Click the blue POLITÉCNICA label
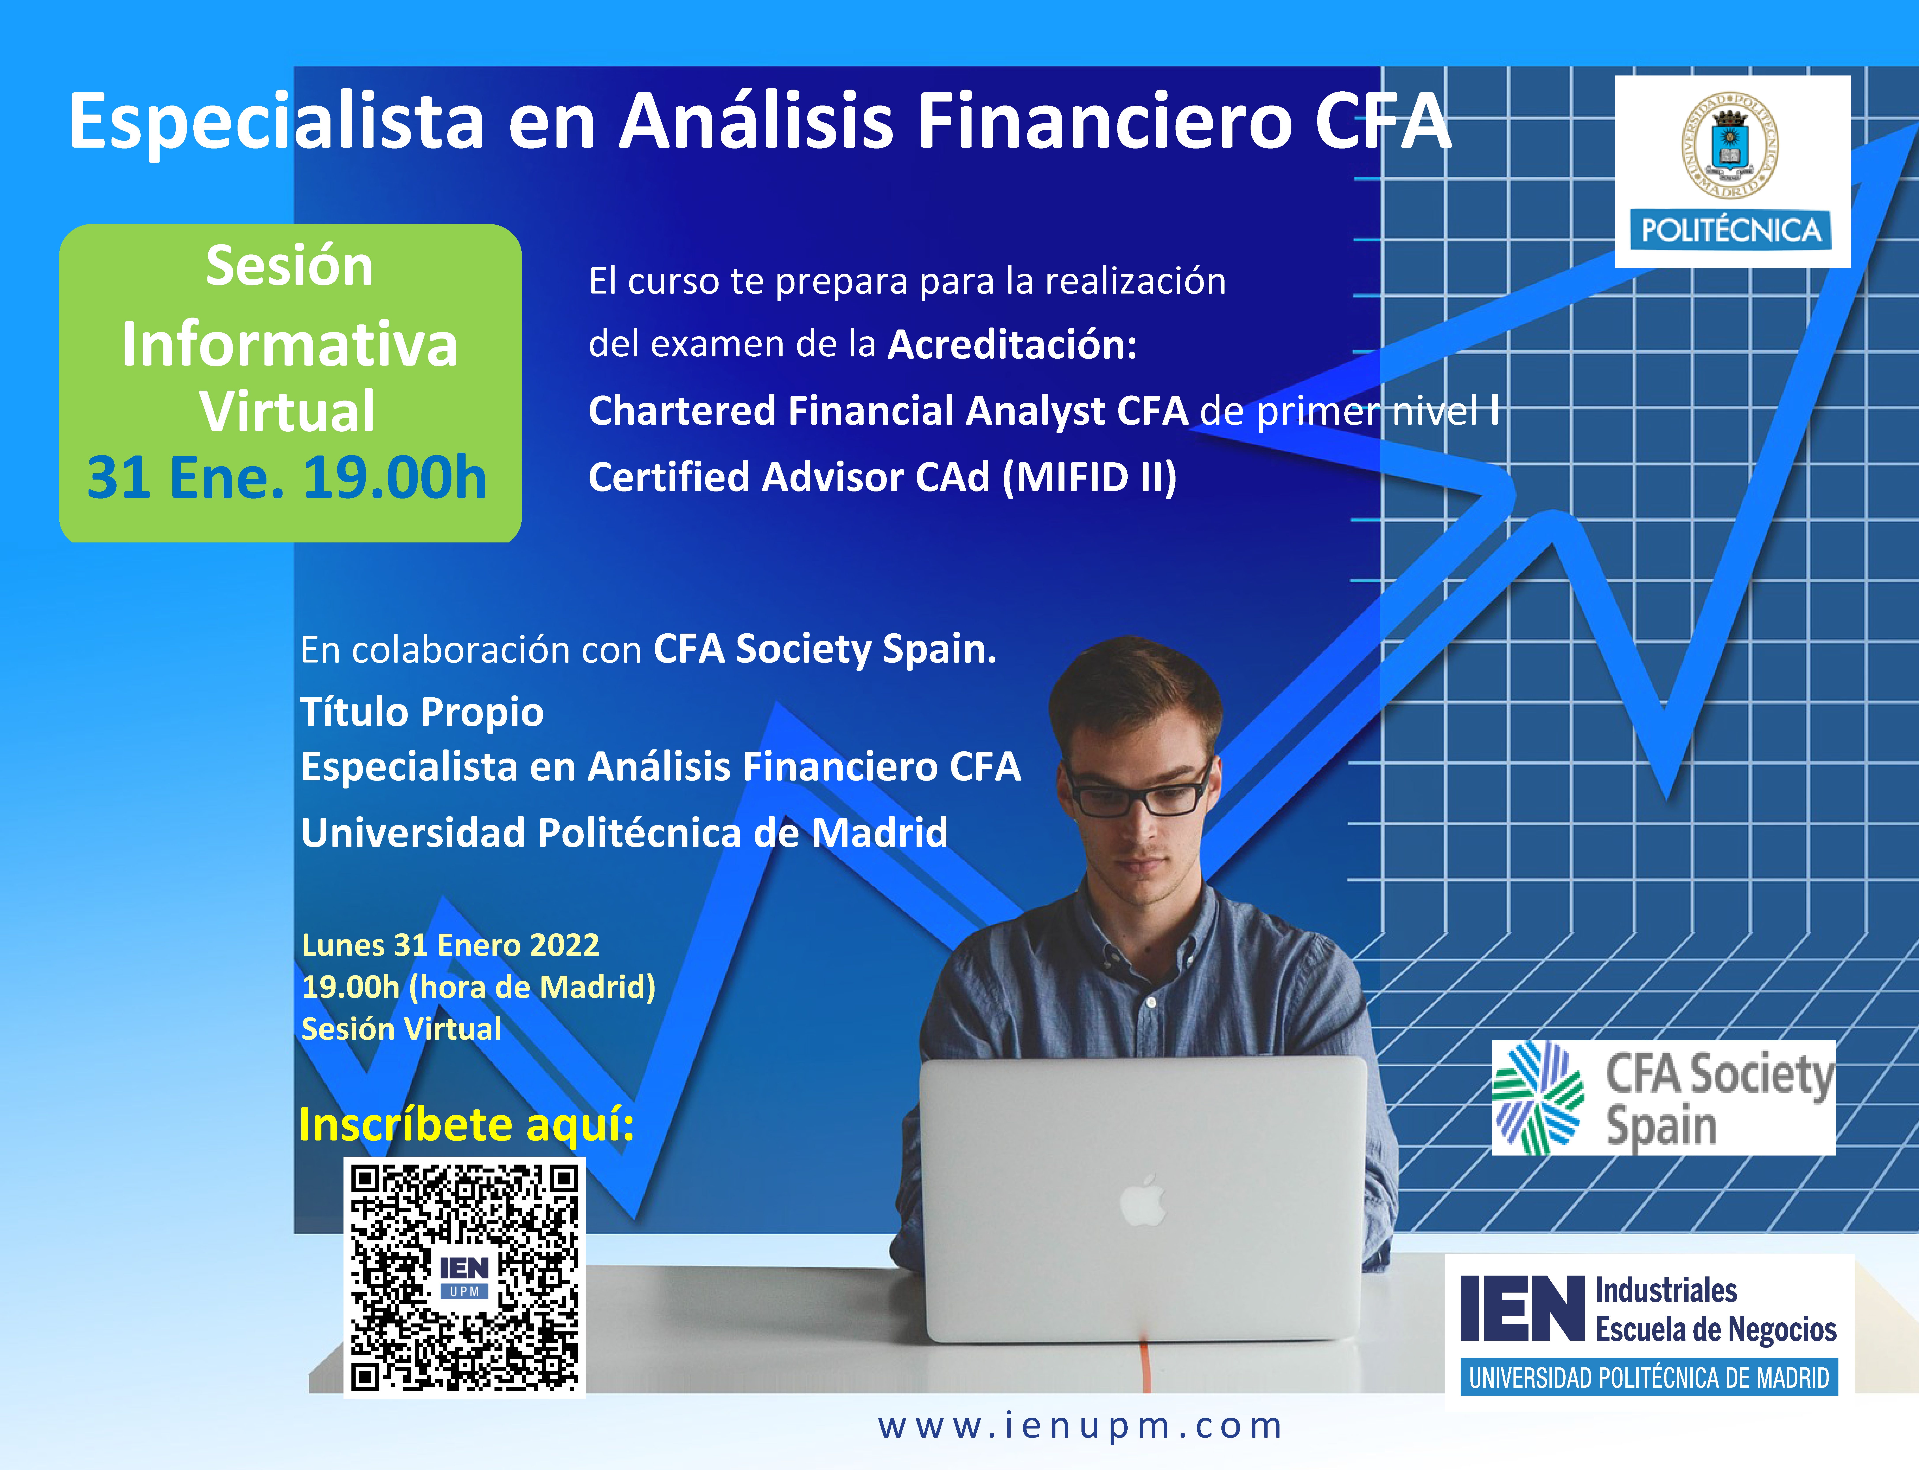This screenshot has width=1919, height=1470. [x=1731, y=230]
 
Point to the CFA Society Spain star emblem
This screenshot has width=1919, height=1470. [x=1538, y=1098]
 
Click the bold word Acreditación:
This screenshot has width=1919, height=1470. [x=1012, y=345]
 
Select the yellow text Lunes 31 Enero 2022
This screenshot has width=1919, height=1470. [x=451, y=945]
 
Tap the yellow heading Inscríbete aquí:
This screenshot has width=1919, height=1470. [x=466, y=1124]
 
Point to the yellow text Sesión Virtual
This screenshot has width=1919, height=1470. [x=402, y=1029]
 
